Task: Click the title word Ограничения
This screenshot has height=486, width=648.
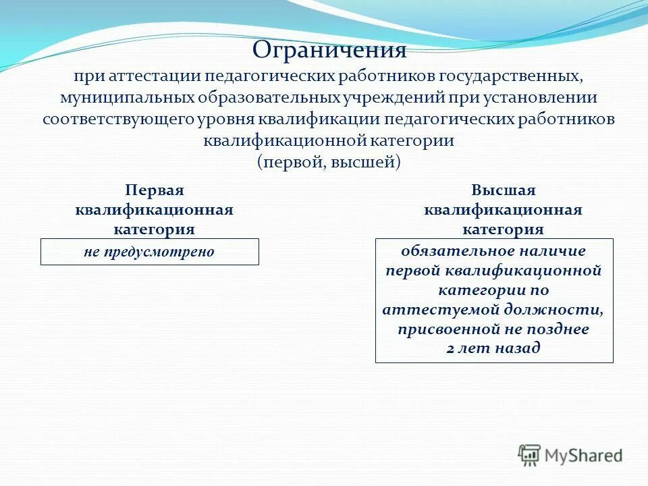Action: pyautogui.click(x=329, y=49)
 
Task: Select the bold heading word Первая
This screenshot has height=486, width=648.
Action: pyautogui.click(x=155, y=191)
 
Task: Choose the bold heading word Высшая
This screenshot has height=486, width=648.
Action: pyautogui.click(x=503, y=191)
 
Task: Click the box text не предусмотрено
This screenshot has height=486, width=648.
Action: pyautogui.click(x=149, y=252)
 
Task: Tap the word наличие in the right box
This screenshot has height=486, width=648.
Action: pyautogui.click(x=553, y=251)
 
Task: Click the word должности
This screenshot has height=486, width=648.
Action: pyautogui.click(x=553, y=310)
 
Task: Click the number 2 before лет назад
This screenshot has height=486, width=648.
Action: pyautogui.click(x=451, y=349)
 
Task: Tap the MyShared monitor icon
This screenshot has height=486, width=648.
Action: pyautogui.click(x=530, y=456)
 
